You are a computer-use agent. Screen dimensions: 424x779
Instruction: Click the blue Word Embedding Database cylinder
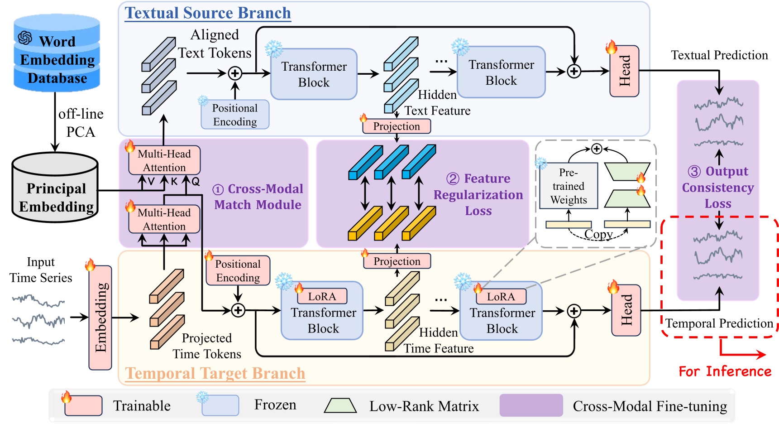pos(57,53)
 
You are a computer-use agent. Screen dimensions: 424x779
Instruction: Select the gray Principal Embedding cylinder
pos(55,188)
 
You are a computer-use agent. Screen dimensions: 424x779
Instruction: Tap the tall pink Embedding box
pos(100,317)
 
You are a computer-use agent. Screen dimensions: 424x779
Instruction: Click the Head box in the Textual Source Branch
pos(624,71)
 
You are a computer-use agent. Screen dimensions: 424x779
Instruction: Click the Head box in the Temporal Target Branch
pos(626,310)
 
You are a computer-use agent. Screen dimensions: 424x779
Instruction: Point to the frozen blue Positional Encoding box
pos(235,115)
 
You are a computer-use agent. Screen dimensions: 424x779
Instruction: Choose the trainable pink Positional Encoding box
pos(238,271)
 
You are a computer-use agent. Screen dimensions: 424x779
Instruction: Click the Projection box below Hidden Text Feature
pos(397,126)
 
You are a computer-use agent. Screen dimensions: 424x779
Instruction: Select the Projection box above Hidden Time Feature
pos(397,261)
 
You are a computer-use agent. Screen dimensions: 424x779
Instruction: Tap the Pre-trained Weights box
pos(569,186)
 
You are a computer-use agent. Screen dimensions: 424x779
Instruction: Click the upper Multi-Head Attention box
pos(164,161)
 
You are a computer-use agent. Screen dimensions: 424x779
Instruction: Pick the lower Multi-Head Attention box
pos(164,219)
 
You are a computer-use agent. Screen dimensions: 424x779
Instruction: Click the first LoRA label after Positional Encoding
pos(322,297)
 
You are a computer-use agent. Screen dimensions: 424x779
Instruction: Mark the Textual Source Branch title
pos(208,13)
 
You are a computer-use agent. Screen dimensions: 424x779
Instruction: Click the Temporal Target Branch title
pos(215,373)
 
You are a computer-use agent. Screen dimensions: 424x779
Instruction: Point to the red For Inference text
pos(725,371)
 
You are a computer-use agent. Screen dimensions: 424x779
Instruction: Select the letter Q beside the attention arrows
pos(196,182)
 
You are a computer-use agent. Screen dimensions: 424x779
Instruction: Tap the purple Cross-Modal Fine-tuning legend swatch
pos(531,405)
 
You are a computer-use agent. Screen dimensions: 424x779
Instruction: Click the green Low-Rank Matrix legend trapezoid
pos(340,405)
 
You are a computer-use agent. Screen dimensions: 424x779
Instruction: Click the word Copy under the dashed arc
pos(598,234)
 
